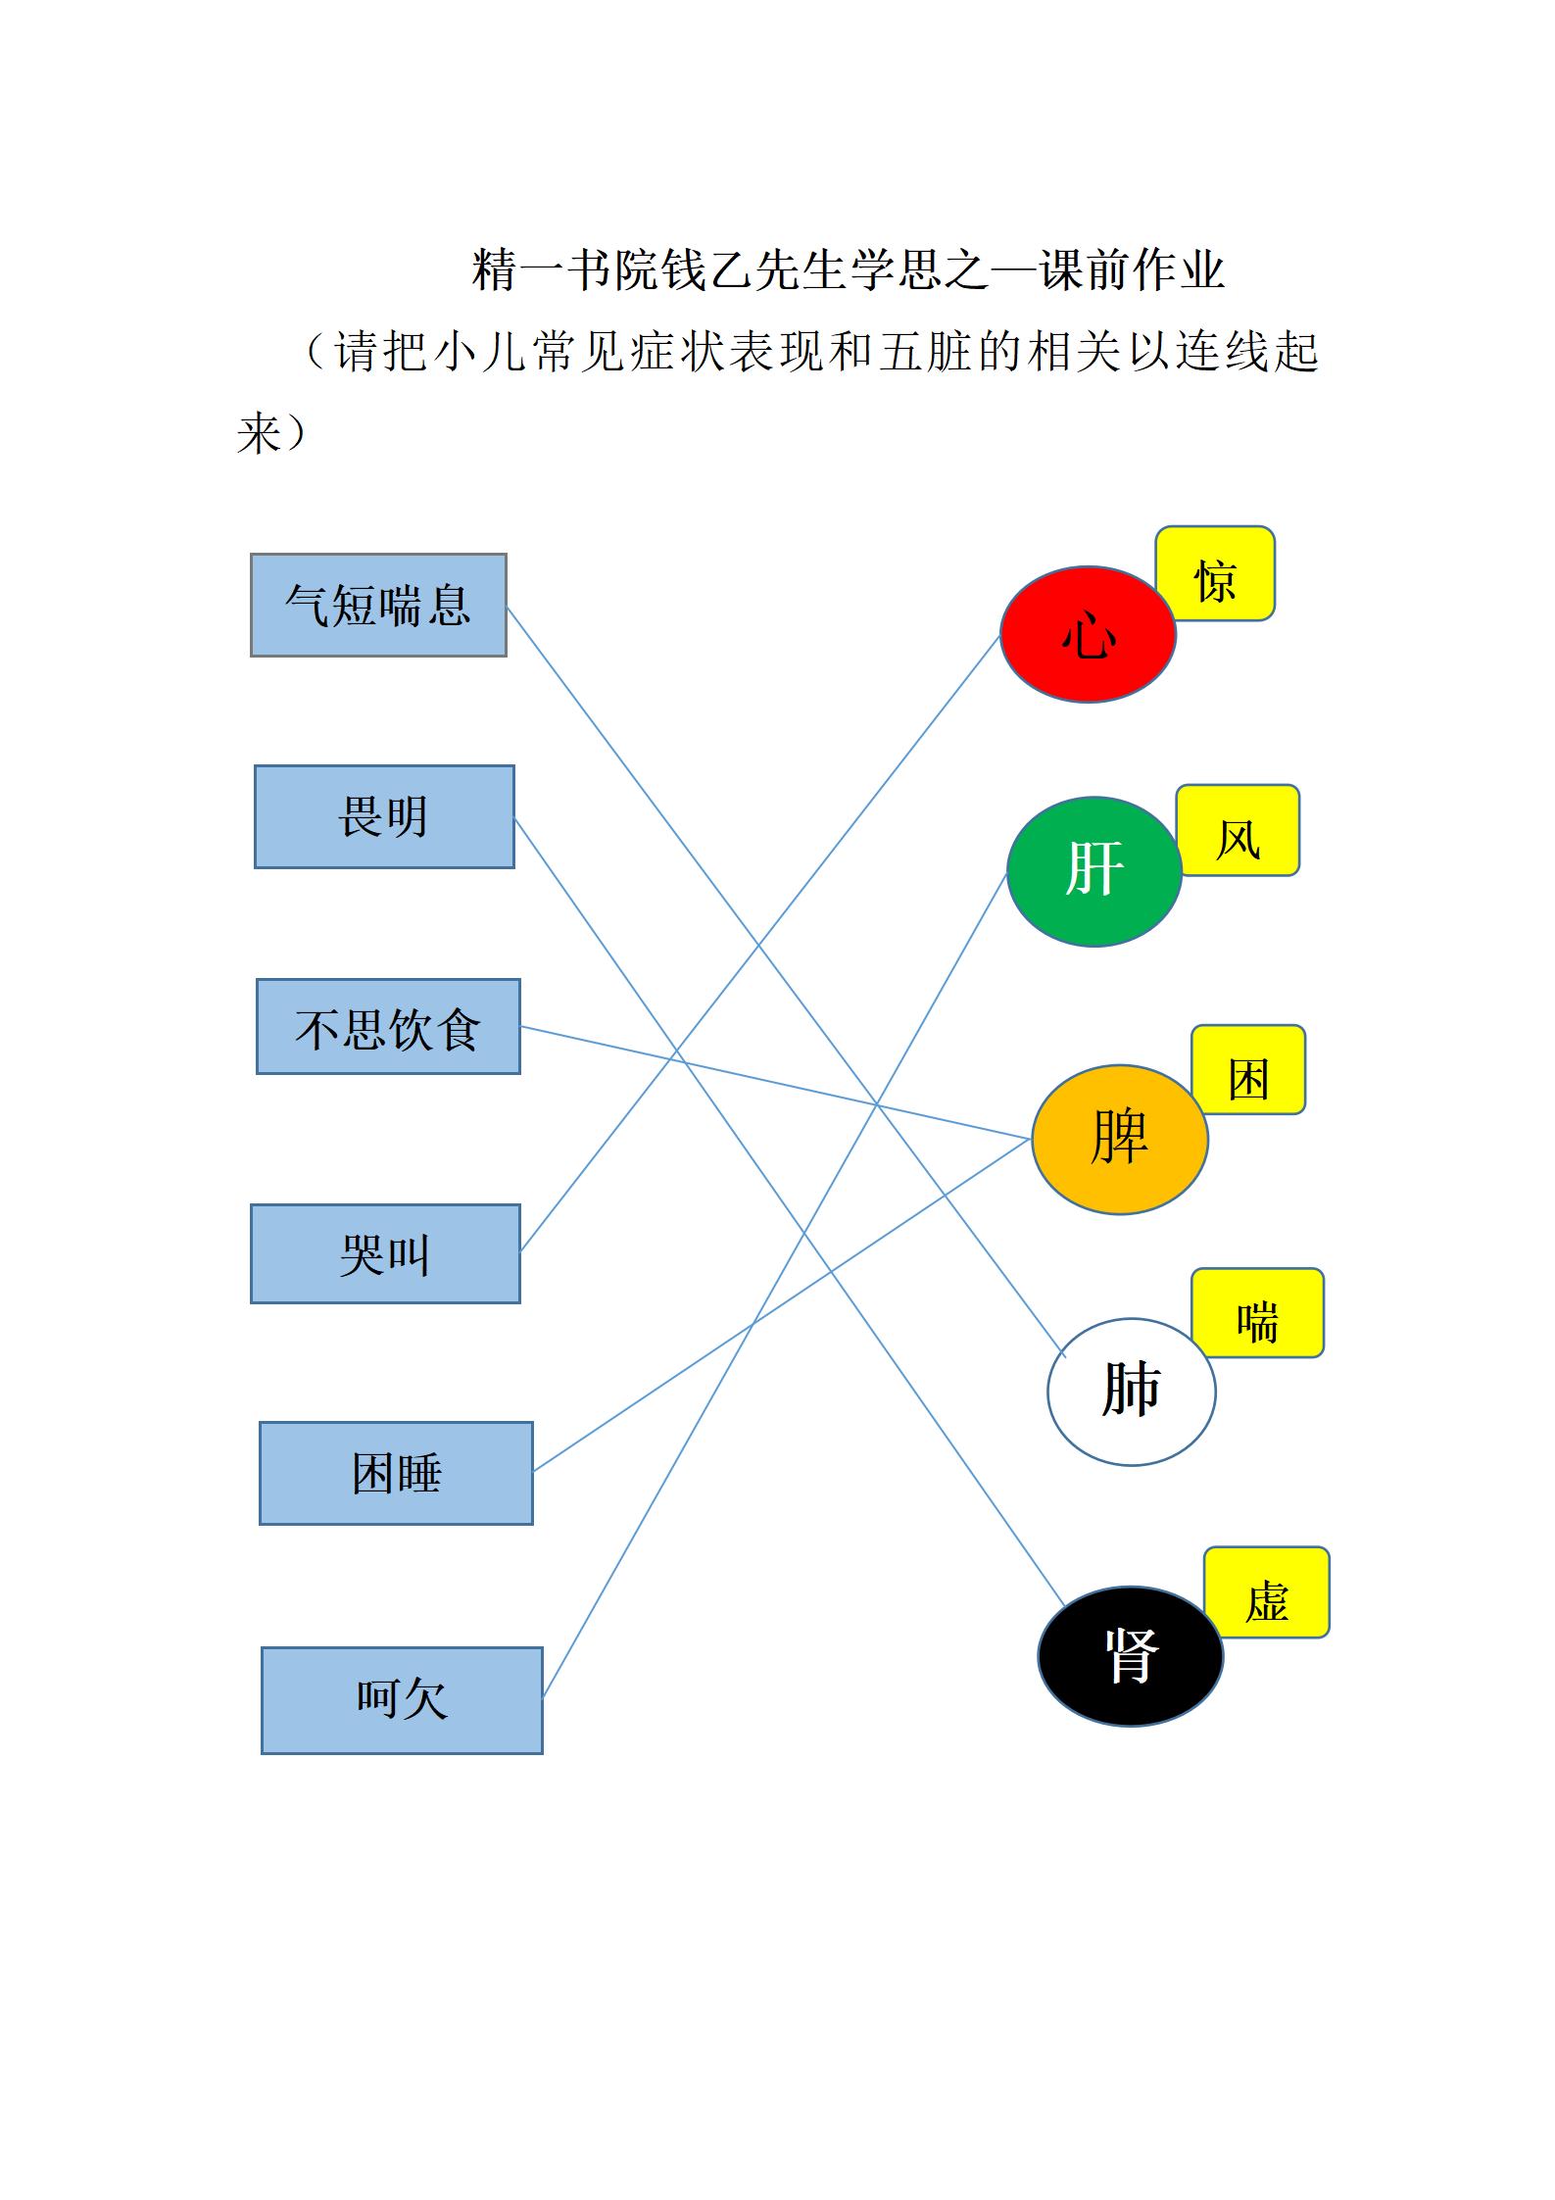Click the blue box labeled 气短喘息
tap(378, 605)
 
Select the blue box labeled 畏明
tap(384, 816)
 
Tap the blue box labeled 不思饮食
tap(388, 1026)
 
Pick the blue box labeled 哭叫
tap(385, 1253)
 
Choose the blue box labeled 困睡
tap(396, 1473)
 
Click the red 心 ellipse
tap(1088, 634)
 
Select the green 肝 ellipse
tap(1093, 871)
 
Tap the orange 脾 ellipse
tap(1119, 1140)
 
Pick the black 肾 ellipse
tap(1130, 1656)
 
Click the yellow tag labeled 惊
tap(1215, 573)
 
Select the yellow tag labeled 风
tap(1238, 830)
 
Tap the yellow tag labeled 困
tap(1248, 1069)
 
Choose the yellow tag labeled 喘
tap(1257, 1313)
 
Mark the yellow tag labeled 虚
tap(1266, 1592)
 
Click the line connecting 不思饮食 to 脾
tap(775, 1083)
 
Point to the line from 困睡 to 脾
tap(782, 1305)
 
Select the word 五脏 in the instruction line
tap(924, 352)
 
